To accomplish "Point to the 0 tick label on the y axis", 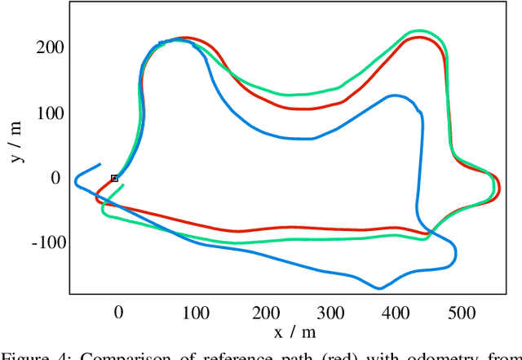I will tap(55, 177).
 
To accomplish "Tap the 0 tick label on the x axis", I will tap(117, 311).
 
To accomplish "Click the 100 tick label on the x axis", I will tap(196, 311).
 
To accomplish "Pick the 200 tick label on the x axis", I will tap(268, 311).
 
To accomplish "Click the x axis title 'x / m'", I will tap(296, 332).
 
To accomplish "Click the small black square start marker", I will tap(114, 178).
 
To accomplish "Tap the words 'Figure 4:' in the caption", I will tap(33, 353).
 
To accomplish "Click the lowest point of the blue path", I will tap(378, 288).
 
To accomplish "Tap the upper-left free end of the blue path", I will tap(100, 164).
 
